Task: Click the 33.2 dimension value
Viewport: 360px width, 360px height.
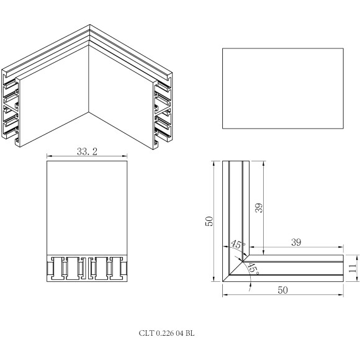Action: pos(87,151)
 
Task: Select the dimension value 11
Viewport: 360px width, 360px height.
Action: pos(352,268)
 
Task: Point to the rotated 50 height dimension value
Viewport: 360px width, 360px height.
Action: pos(210,222)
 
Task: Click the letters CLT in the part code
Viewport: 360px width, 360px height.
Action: pos(146,333)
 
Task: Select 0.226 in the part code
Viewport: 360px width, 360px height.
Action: pos(164,333)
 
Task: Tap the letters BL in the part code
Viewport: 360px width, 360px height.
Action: pos(190,333)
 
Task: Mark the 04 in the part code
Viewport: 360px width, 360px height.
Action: pos(179,333)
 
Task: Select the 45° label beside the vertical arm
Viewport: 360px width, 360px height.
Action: pos(237,245)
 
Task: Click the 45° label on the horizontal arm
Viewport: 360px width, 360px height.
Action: pos(253,268)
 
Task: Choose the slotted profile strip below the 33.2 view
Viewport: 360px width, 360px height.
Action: pos(88,268)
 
